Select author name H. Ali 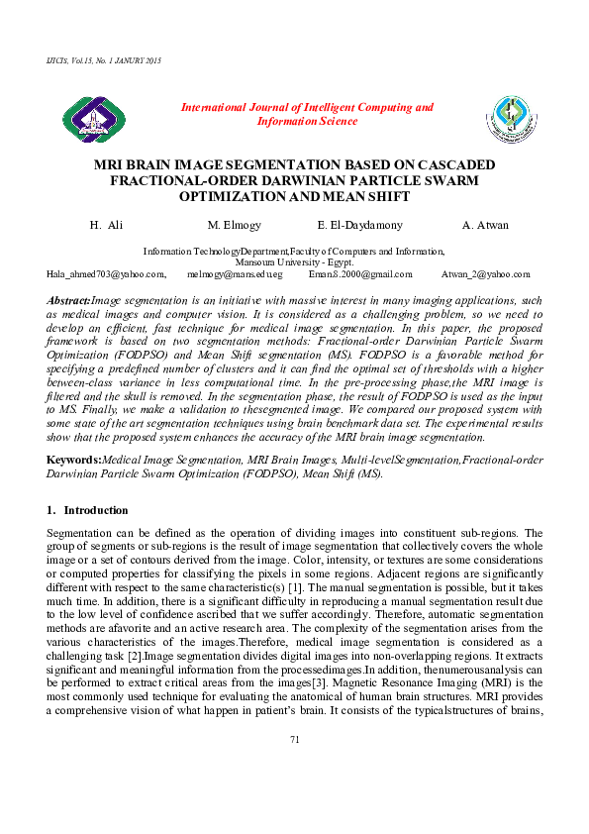[x=106, y=225]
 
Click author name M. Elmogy [x=234, y=225]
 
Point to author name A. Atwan [x=485, y=225]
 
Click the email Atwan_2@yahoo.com [x=485, y=273]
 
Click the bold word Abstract [x=68, y=299]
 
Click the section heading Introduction [x=95, y=510]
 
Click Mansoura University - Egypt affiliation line [x=294, y=261]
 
